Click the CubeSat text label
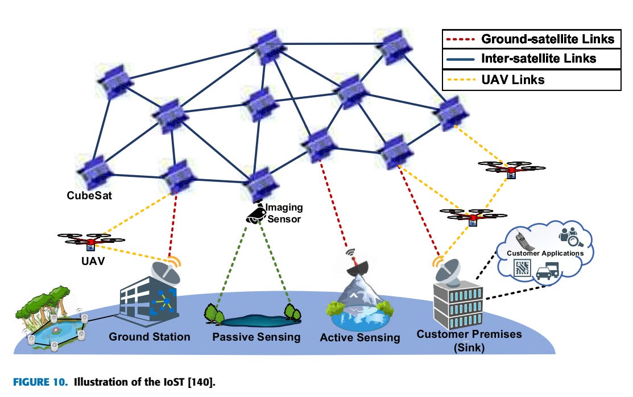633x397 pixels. pyautogui.click(x=89, y=196)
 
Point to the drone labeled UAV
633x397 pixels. pyautogui.click(x=90, y=241)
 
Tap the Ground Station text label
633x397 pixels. pyautogui.click(x=150, y=337)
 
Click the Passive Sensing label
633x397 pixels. pyautogui.click(x=256, y=337)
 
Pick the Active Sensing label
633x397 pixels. pyautogui.click(x=360, y=338)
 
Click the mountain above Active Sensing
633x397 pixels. pyautogui.click(x=359, y=293)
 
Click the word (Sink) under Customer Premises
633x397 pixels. pyautogui.click(x=469, y=348)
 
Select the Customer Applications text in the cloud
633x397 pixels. pyautogui.click(x=545, y=253)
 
